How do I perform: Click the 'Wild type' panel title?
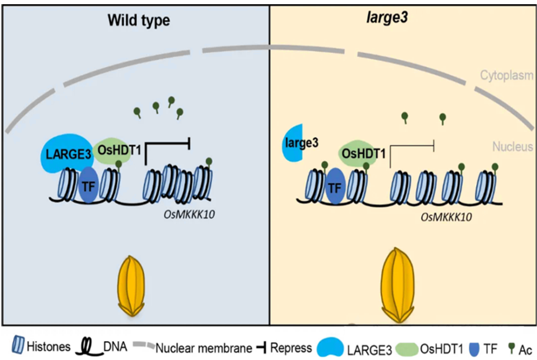(138, 21)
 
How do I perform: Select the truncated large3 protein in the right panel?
(294, 143)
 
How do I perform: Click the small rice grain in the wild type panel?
(129, 286)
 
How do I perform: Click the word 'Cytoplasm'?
(506, 75)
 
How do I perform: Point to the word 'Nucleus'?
(512, 146)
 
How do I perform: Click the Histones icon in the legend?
(17, 347)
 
